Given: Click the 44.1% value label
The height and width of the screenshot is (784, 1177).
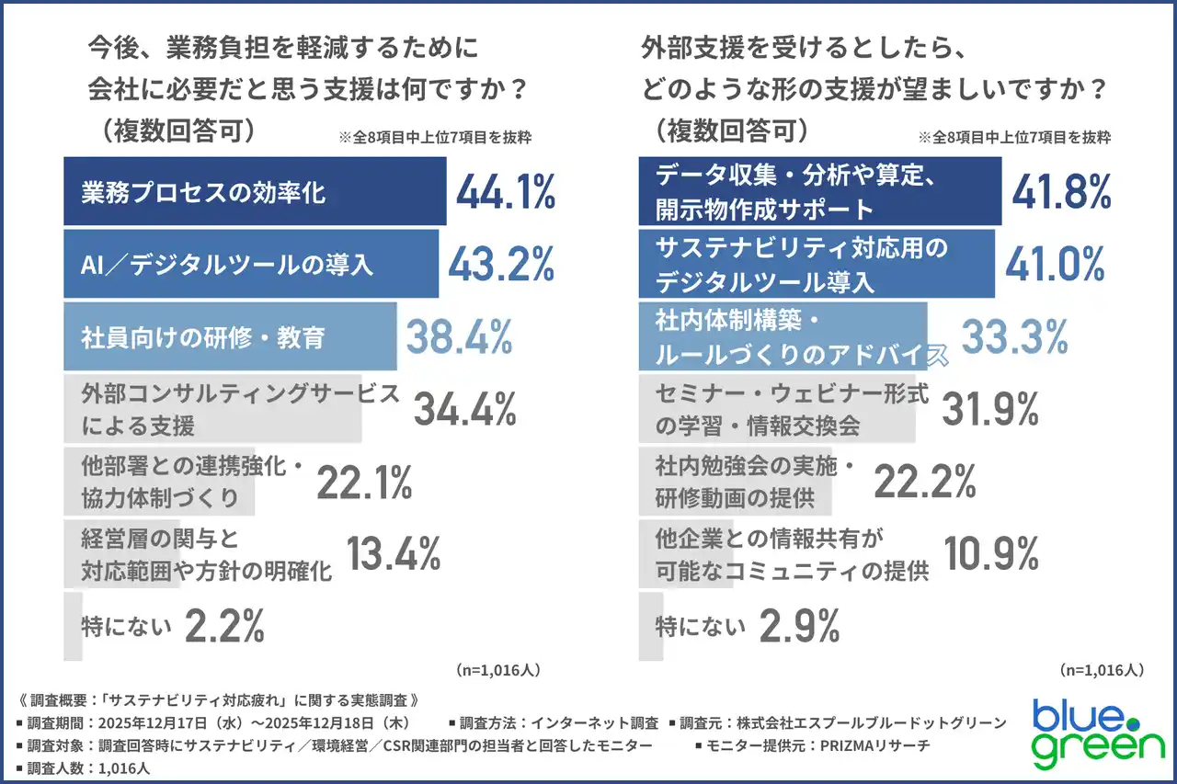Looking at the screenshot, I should point(506,193).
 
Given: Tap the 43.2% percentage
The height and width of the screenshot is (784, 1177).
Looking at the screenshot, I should point(501,265).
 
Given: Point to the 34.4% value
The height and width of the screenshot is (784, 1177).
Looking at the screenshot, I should point(464,409).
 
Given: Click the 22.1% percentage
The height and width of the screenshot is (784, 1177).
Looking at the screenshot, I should point(364,483).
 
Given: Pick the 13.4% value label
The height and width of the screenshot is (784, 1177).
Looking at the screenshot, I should point(394,554).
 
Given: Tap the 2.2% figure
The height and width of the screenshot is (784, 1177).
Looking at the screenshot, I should point(225,627).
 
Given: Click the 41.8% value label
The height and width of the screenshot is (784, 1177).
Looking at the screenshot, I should point(1061,192).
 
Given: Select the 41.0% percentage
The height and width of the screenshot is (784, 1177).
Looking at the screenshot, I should point(1055,264).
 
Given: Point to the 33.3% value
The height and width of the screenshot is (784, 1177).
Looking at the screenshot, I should point(1014,336).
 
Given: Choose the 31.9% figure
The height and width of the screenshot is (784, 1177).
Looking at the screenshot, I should point(991,409).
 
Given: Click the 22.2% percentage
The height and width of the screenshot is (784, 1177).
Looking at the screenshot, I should point(924,482).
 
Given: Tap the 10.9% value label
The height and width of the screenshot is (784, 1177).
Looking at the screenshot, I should point(989,553).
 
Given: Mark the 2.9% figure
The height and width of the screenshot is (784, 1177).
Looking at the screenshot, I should point(799,627).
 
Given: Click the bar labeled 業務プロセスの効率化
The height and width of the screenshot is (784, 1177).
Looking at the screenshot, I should point(255,192).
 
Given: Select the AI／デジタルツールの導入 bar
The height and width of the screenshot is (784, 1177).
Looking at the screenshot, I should point(251,265).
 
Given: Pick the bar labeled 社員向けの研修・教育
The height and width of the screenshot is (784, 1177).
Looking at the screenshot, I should point(230,337).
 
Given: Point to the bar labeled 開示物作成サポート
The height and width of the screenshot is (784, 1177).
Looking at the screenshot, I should point(819,192).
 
